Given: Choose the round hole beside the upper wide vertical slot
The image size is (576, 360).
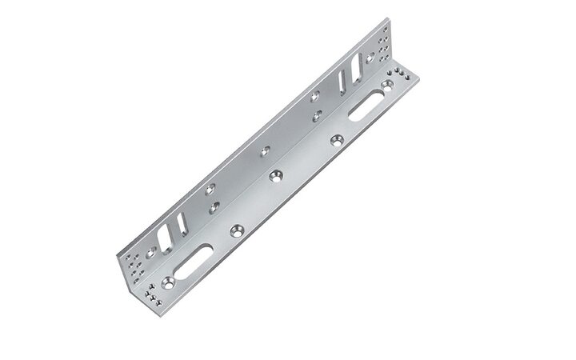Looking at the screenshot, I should (316, 98).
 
